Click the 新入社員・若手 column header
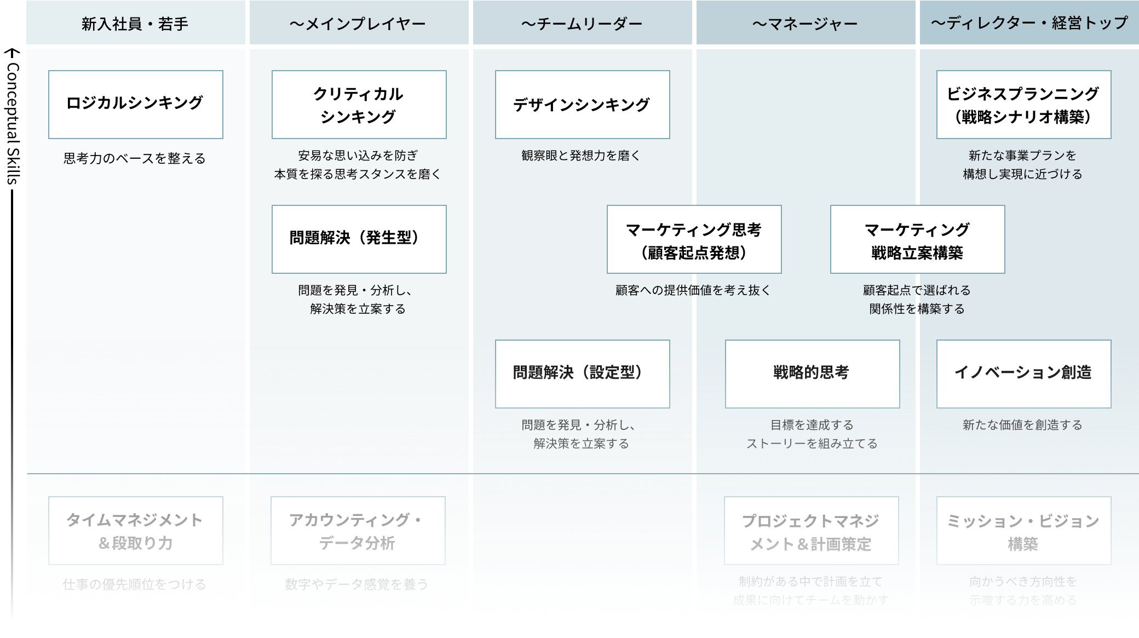(135, 23)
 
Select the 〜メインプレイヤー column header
(358, 23)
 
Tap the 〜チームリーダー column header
(582, 23)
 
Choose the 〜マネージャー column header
(805, 23)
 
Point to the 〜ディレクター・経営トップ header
(1028, 23)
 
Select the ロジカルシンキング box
(135, 104)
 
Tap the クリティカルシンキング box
(359, 104)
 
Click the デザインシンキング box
(582, 104)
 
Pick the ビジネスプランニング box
(1023, 104)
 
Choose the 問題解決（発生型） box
(359, 239)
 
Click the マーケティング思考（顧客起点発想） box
(694, 239)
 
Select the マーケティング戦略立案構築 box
(917, 239)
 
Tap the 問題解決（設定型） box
(582, 373)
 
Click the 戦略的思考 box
(812, 373)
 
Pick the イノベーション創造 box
(1023, 373)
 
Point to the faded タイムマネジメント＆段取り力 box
(135, 530)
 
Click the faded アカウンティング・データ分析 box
(358, 530)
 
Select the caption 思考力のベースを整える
(135, 159)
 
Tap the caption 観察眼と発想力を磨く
(581, 156)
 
